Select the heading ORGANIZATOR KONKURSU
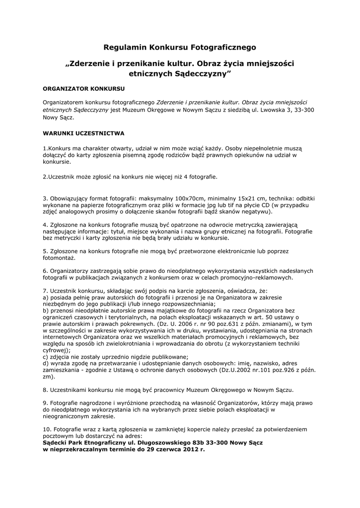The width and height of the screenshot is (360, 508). click(x=83, y=89)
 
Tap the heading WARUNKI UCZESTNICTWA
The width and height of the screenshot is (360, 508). click(x=83, y=133)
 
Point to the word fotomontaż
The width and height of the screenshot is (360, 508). click(x=59, y=257)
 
